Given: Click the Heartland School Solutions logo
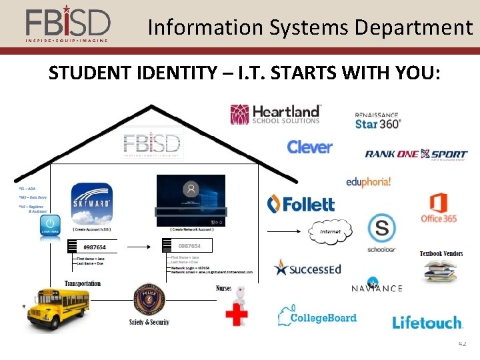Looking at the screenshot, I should pos(275,114).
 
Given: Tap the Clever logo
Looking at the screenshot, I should pos(309,147).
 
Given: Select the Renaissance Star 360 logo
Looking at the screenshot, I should pos(377,121).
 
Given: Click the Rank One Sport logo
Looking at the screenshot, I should pos(416,154).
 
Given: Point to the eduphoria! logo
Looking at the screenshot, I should pos(368,181).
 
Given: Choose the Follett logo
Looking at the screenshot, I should pos(301,204).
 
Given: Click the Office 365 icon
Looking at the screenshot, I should pos(438,207).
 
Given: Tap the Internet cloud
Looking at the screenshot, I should pos(330,231).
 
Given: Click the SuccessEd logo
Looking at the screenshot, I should pos(307,269).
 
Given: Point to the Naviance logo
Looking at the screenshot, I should pos(377,287).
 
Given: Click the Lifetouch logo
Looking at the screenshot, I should pos(427,323).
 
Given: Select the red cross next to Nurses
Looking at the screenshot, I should pos(236,313).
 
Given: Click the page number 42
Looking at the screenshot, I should pos(463,343).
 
